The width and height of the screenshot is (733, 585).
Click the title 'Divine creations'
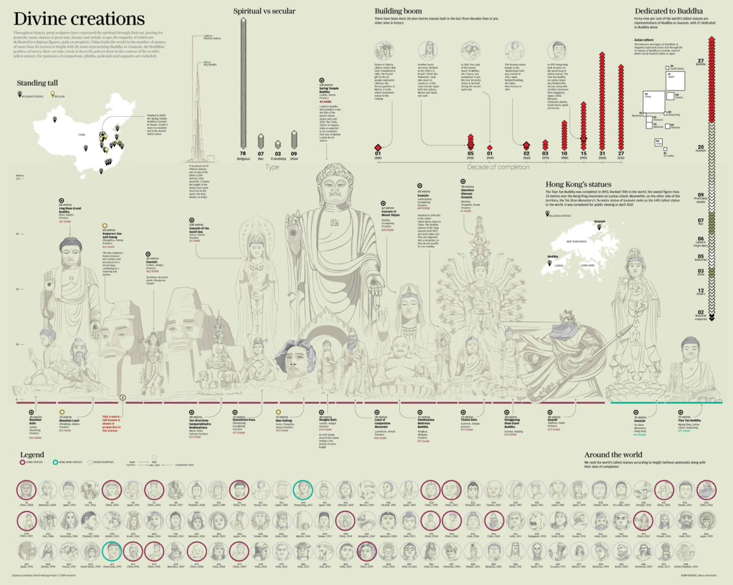(x=78, y=18)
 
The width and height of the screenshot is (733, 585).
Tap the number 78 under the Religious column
(x=243, y=154)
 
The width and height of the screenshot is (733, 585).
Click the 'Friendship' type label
(x=278, y=158)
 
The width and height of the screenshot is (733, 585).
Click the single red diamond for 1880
(x=378, y=145)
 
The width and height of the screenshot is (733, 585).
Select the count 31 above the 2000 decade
(x=602, y=154)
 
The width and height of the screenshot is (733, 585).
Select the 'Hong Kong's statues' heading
(x=578, y=184)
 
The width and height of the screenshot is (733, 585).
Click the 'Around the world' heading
(x=614, y=455)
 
